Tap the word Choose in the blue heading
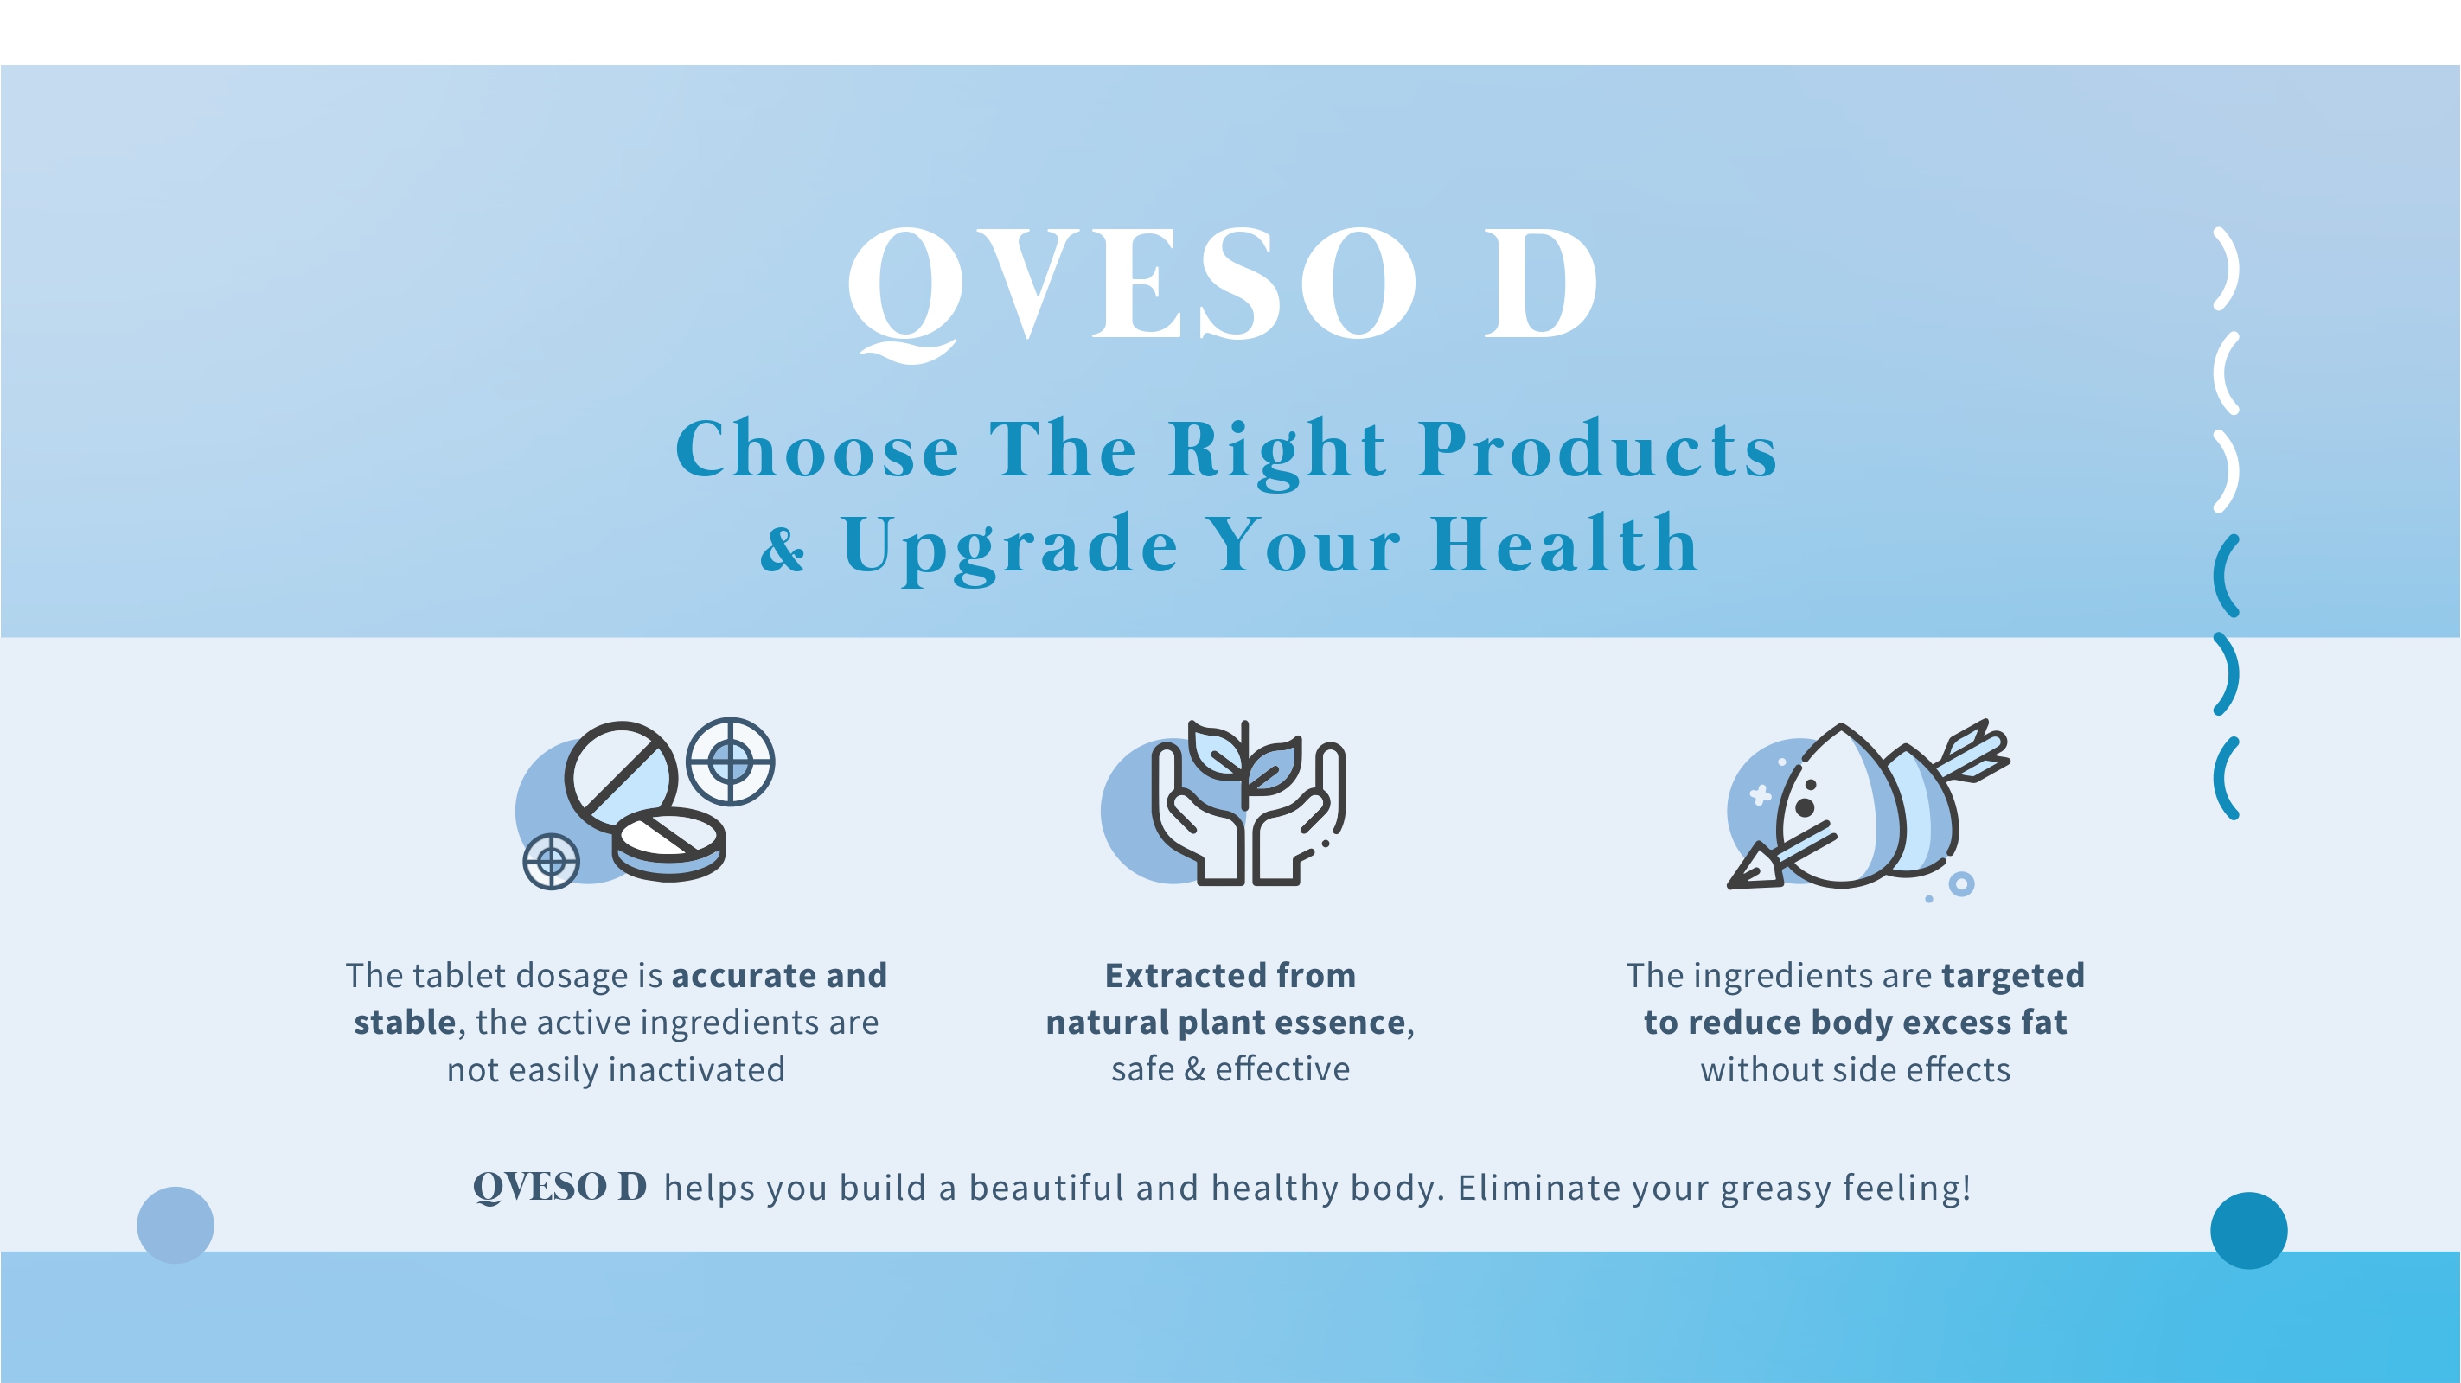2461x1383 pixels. (818, 449)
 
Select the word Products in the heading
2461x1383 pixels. (1598, 449)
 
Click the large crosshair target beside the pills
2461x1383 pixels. (731, 762)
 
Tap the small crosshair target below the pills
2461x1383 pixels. (551, 862)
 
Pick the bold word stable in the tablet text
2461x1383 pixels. (404, 1022)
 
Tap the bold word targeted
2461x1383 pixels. (2013, 976)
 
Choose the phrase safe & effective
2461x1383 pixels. (1230, 1068)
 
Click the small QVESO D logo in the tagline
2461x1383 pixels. (559, 1187)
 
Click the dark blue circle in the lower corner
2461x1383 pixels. (2249, 1230)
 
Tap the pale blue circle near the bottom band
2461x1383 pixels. (176, 1226)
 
